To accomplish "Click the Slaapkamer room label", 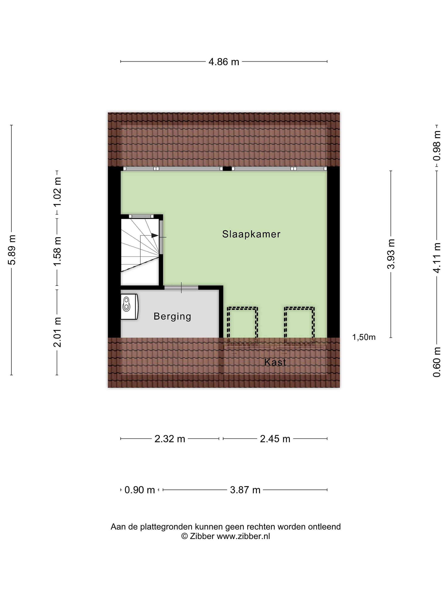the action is (251, 234).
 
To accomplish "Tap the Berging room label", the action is (172, 316).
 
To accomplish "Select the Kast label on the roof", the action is (275, 362).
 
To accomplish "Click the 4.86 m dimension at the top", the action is (224, 62).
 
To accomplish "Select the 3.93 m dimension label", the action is (391, 254).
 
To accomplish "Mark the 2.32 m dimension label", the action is (170, 439).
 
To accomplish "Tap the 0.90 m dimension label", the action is (140, 490).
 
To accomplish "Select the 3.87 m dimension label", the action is (245, 490).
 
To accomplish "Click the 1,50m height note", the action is (364, 337).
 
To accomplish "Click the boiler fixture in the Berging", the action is (130, 307).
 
